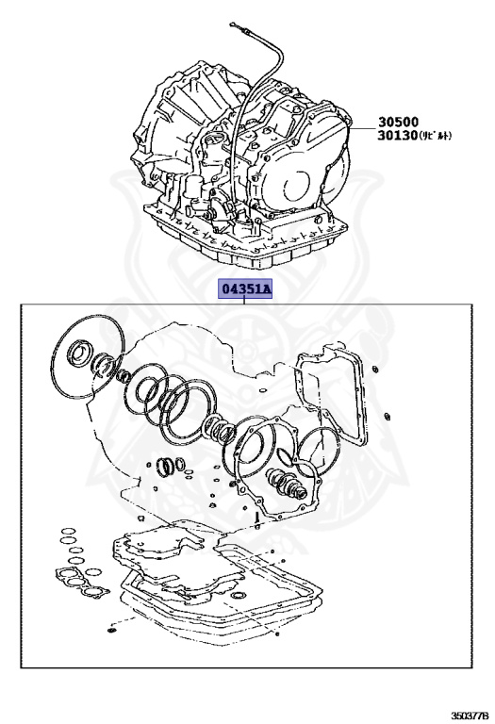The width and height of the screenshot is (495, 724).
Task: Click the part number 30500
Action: click(x=399, y=122)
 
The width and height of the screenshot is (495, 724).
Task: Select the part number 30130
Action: click(x=399, y=136)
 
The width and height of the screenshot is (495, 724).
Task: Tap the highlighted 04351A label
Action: click(x=245, y=288)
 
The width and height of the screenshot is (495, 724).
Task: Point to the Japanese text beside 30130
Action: click(x=437, y=137)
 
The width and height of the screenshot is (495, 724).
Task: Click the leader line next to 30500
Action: click(x=362, y=123)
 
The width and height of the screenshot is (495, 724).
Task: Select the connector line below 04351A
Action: click(x=245, y=301)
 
